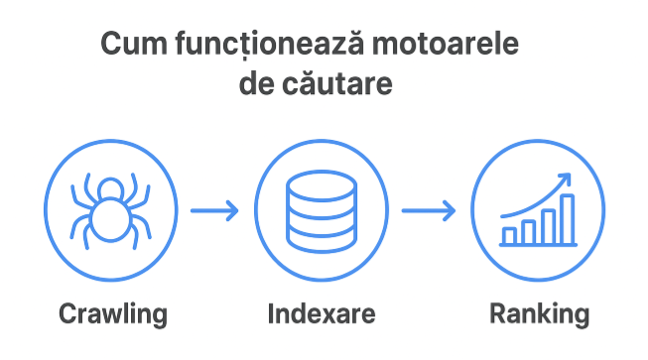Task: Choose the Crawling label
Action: [112, 315]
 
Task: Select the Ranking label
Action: [540, 315]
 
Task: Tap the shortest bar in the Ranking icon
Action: [510, 235]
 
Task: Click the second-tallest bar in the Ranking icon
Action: [549, 225]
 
